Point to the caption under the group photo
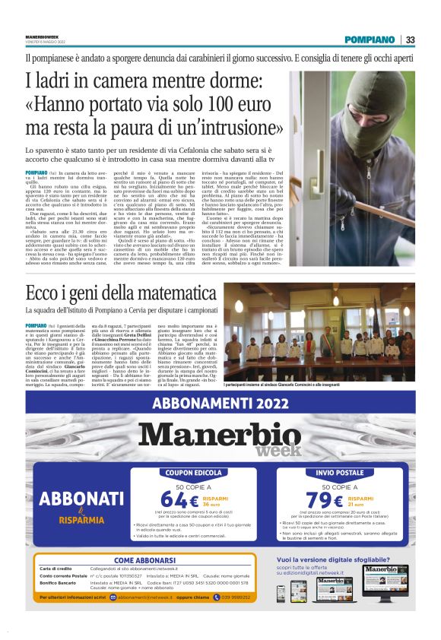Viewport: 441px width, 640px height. click(319, 385)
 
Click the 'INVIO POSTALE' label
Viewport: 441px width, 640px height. click(340, 473)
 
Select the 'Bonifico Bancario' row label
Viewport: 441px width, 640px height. click(60, 582)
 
